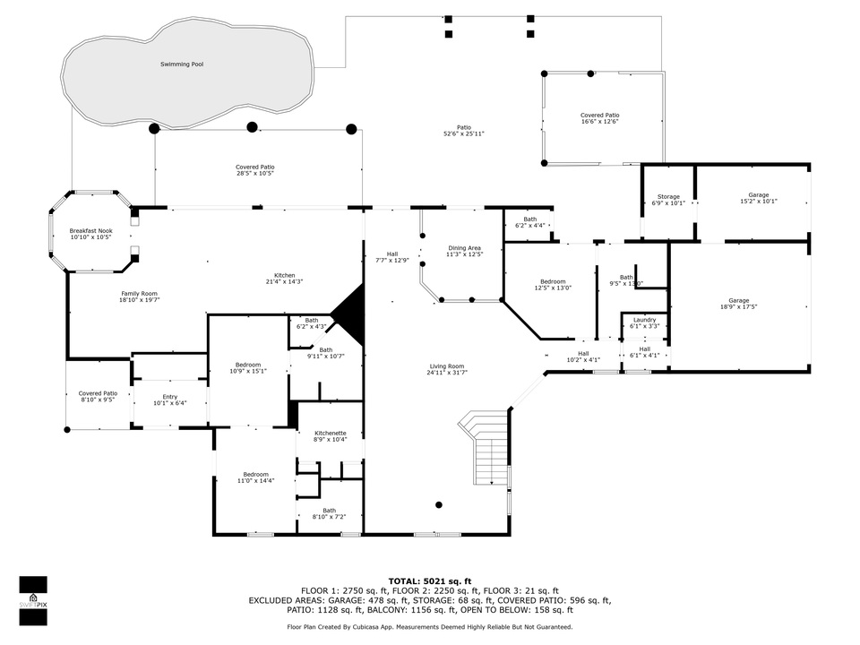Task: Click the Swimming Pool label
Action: click(181, 64)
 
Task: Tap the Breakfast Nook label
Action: click(90, 231)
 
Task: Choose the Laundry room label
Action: click(644, 320)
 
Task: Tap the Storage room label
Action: click(668, 196)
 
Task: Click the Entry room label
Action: click(169, 397)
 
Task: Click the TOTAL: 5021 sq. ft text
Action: click(429, 580)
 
